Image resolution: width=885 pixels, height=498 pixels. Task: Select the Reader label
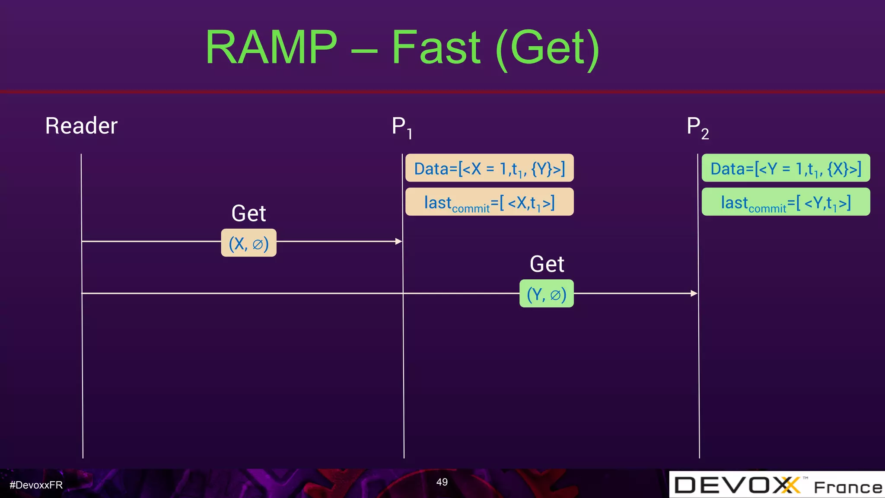pyautogui.click(x=81, y=126)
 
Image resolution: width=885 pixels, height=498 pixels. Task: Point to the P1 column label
pyautogui.click(x=401, y=128)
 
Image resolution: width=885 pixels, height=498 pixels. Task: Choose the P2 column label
pyautogui.click(x=697, y=128)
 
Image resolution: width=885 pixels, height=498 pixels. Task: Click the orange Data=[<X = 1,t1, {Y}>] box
pyautogui.click(x=489, y=168)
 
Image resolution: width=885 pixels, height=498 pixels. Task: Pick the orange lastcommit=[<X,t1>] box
pyautogui.click(x=489, y=202)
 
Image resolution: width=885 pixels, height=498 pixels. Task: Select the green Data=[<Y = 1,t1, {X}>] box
pyautogui.click(x=786, y=168)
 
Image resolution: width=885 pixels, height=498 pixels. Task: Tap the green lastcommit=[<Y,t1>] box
pyautogui.click(x=786, y=202)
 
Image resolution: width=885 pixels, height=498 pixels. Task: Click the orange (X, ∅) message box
pyautogui.click(x=248, y=243)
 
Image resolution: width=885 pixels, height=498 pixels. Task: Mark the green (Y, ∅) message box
pyautogui.click(x=546, y=294)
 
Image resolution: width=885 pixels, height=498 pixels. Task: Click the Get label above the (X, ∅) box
pyautogui.click(x=248, y=213)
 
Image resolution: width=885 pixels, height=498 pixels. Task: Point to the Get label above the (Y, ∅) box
pyautogui.click(x=547, y=264)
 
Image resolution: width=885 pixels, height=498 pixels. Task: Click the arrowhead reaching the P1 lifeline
pyautogui.click(x=399, y=241)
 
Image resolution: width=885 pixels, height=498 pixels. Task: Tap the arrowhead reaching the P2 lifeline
pyautogui.click(x=694, y=293)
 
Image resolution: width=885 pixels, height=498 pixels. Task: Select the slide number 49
pyautogui.click(x=442, y=482)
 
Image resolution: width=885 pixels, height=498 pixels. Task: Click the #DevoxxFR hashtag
pyautogui.click(x=36, y=485)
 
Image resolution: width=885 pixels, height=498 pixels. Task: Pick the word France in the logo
pyautogui.click(x=848, y=488)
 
